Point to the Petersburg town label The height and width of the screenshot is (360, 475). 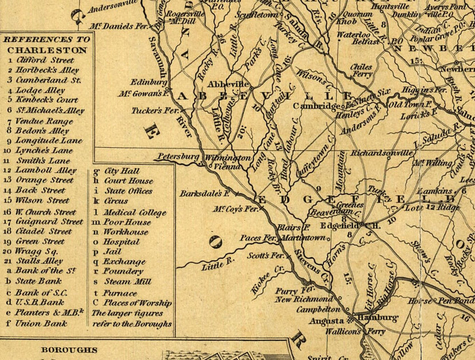(x=178, y=156)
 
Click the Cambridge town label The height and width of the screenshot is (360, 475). (x=317, y=106)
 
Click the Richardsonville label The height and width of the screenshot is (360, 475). (x=381, y=154)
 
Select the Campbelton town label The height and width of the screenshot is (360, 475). (x=314, y=309)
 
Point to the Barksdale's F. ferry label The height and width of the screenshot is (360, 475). (x=205, y=193)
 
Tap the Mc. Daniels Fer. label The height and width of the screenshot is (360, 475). (x=118, y=26)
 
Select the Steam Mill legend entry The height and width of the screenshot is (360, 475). (x=127, y=281)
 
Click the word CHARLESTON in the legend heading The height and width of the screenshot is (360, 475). (x=47, y=50)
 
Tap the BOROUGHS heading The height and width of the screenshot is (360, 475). (x=69, y=350)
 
